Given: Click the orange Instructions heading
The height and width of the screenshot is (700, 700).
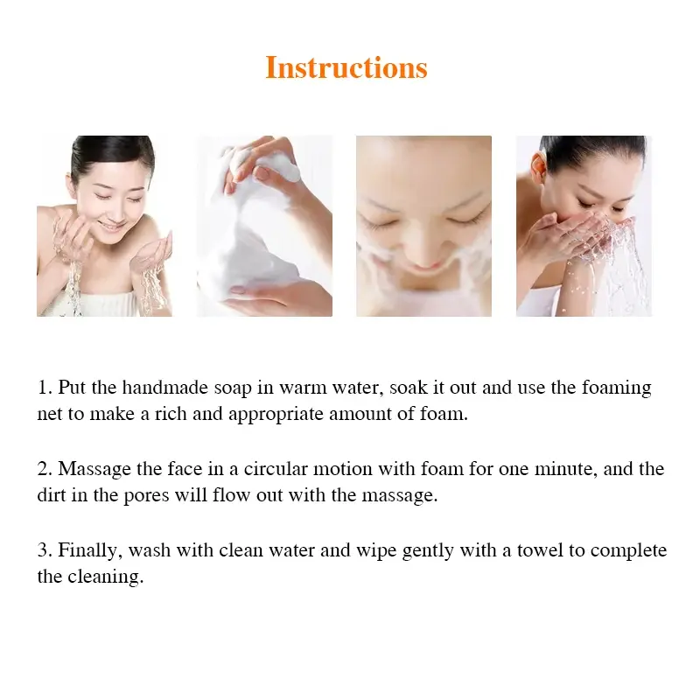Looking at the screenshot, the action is (346, 68).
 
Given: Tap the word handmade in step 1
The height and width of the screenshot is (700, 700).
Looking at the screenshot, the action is (165, 387).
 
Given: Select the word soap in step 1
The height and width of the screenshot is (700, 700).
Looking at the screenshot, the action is (233, 388).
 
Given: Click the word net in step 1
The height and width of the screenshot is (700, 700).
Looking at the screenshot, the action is (50, 415).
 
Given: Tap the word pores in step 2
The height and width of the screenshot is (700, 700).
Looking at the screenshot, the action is (146, 496).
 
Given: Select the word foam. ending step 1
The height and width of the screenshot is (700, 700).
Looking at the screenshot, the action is (444, 414).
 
